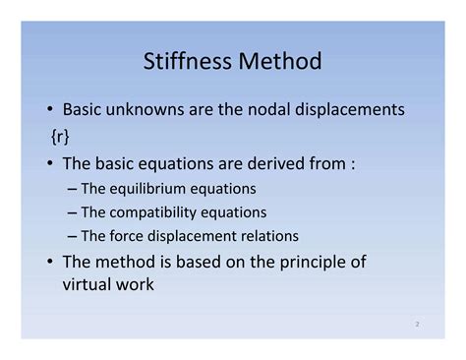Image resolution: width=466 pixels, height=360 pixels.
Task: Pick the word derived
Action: (276, 162)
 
